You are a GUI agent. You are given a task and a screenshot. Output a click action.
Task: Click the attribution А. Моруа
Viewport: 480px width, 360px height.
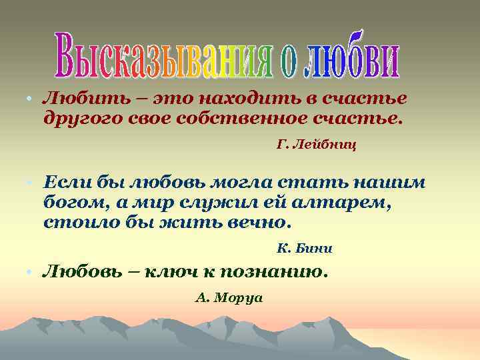tap(229, 297)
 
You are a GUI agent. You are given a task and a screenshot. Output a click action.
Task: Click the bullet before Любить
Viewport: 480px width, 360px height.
tap(31, 100)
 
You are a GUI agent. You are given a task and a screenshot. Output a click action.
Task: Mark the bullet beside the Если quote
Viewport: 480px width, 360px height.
tap(31, 182)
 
